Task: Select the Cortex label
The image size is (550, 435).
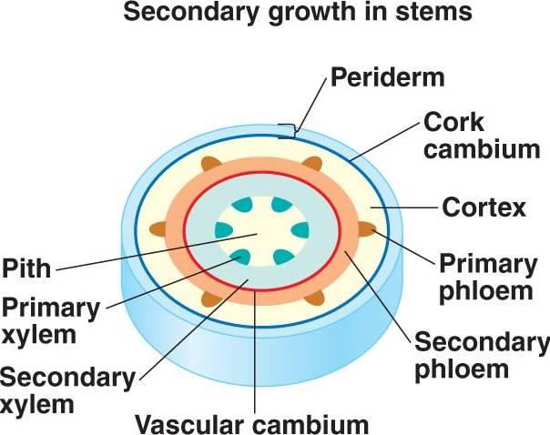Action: (x=484, y=207)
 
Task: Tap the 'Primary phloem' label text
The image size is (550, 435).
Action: (x=486, y=277)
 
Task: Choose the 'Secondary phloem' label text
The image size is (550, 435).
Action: (x=481, y=356)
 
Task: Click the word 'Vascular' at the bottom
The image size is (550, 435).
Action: (x=195, y=423)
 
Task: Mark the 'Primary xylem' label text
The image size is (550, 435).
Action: (x=50, y=319)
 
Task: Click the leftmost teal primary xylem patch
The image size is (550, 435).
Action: (x=224, y=229)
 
